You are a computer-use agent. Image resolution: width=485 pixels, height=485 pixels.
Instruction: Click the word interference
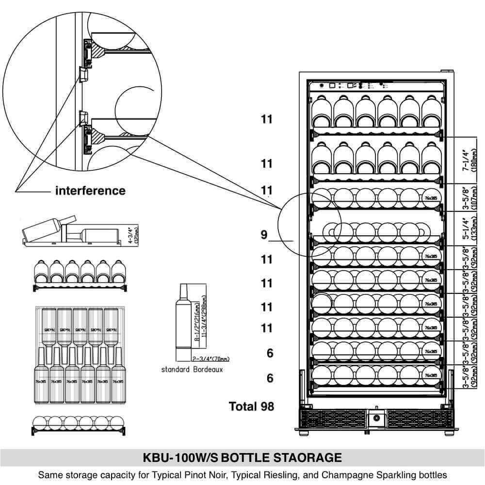click(90, 191)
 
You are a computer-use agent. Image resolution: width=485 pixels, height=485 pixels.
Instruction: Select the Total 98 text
click(251, 406)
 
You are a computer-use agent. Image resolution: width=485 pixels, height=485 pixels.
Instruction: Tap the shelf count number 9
click(264, 235)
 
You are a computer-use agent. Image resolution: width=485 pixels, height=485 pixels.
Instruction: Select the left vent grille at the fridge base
click(333, 419)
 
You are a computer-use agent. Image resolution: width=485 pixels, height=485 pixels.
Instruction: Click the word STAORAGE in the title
click(307, 458)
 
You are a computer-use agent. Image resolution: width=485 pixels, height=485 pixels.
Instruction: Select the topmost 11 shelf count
click(267, 119)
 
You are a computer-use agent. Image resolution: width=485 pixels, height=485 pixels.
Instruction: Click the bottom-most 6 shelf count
click(270, 378)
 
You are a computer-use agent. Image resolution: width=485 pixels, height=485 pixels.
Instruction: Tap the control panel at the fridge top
click(376, 86)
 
